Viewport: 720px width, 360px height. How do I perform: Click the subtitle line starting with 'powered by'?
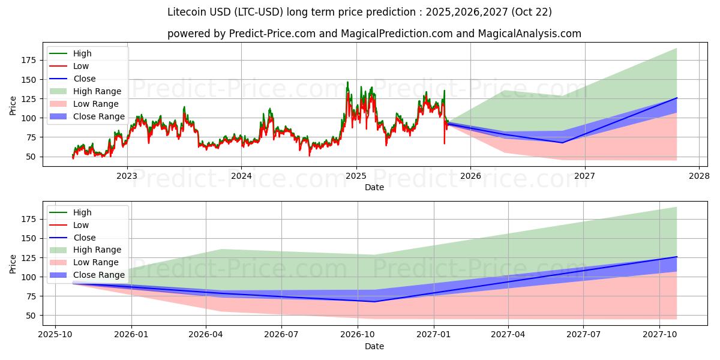coord(374,34)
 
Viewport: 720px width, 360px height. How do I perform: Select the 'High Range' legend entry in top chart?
coord(97,91)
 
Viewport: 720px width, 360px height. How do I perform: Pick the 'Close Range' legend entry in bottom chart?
coord(99,275)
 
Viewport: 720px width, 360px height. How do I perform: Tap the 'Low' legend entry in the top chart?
coord(81,66)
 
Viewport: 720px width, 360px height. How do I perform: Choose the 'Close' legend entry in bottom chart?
coord(84,238)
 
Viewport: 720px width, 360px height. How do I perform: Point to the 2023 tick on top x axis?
coord(127,176)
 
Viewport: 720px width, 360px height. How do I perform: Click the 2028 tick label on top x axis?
coord(699,176)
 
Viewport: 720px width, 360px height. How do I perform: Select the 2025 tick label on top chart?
coord(356,176)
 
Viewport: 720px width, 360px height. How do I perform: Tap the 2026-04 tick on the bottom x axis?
coord(206,335)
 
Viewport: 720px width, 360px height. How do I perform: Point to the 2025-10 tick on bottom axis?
coord(55,335)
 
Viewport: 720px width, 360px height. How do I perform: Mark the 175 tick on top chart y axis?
coord(28,60)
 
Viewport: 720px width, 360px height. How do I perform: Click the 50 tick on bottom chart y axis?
coord(32,316)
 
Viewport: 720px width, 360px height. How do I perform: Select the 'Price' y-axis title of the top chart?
coord(13,106)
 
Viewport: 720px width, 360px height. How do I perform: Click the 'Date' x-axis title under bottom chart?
coord(374,346)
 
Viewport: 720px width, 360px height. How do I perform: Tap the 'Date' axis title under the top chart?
coord(374,187)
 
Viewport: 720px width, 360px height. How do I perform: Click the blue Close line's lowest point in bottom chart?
coord(374,301)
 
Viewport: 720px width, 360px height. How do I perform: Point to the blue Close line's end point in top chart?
coord(677,98)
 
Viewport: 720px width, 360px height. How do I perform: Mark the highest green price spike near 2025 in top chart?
coord(347,82)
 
